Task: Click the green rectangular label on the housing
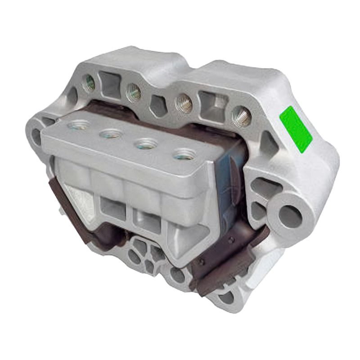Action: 296,127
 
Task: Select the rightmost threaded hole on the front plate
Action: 181,156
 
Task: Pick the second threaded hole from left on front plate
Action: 110,134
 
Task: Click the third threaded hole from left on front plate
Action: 144,144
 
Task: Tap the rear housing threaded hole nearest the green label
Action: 242,116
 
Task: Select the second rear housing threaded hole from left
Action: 133,92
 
